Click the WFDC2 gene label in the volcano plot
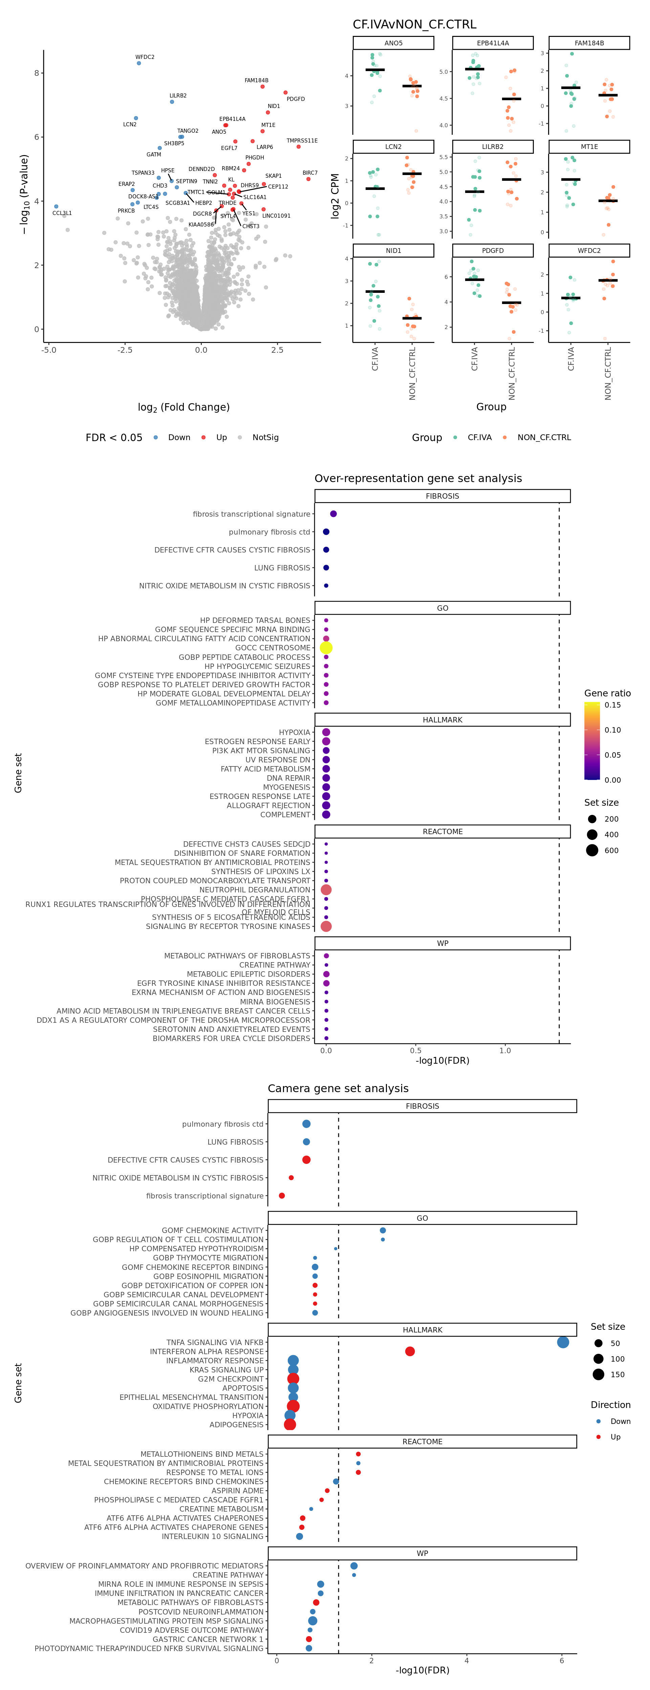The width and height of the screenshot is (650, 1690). click(145, 57)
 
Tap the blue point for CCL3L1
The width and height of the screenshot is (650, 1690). click(56, 207)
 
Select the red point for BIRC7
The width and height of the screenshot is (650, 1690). click(308, 179)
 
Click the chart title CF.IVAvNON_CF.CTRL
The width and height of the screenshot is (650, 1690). click(414, 24)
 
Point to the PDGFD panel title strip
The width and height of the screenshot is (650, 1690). click(493, 251)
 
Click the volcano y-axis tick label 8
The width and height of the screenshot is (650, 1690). click(37, 73)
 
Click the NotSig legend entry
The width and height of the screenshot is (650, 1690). click(265, 438)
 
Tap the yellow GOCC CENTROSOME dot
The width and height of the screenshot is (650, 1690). click(326, 648)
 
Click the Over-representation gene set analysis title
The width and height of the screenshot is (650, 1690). click(418, 478)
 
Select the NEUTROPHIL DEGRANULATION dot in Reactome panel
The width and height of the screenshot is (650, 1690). click(326, 890)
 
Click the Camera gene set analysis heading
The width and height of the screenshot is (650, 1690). click(338, 1088)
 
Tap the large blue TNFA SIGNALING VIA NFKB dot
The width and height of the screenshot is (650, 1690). click(563, 1342)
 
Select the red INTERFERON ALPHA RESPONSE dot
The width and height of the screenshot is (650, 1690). click(410, 1351)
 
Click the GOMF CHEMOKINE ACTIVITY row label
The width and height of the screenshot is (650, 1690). click(213, 1230)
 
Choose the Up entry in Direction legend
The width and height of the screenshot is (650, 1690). click(615, 1437)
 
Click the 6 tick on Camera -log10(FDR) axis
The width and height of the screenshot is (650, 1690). click(561, 1661)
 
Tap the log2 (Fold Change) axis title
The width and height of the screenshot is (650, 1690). click(183, 407)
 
